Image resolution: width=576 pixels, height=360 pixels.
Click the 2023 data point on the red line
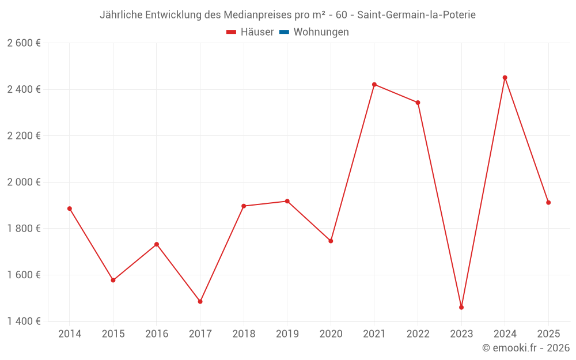(461, 308)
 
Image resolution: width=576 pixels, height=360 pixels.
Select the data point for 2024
(505, 78)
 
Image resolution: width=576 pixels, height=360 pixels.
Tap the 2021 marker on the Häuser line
(374, 85)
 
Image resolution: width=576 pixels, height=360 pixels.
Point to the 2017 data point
(200, 302)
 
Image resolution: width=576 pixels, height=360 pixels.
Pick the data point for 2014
(70, 209)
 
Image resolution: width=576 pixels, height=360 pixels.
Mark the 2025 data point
(548, 203)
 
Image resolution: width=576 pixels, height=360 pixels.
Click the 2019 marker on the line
(287, 201)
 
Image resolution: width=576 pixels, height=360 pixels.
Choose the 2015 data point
(113, 281)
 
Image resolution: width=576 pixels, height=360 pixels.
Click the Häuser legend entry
(250, 32)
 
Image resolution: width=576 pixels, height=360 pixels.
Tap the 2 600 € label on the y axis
(24, 43)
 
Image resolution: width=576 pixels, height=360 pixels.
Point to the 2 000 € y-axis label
(24, 182)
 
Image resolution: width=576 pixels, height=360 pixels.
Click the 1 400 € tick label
(24, 321)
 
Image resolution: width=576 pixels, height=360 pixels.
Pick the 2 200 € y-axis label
(24, 136)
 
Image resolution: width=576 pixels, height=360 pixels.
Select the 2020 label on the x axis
(331, 334)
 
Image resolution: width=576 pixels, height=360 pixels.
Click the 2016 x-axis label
(157, 334)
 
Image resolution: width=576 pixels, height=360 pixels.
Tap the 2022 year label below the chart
(418, 334)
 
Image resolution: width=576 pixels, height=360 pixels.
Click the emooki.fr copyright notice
(525, 348)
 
